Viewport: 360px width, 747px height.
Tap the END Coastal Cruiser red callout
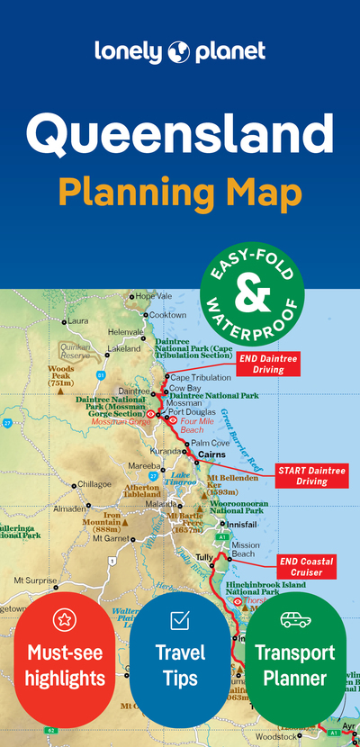pyautogui.click(x=306, y=567)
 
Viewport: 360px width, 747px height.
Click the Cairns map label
pyautogui.click(x=211, y=454)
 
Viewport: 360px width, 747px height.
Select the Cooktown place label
pyautogui.click(x=167, y=315)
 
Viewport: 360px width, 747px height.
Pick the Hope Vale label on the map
pyautogui.click(x=153, y=295)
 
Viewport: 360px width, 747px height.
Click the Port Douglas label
pyautogui.click(x=192, y=412)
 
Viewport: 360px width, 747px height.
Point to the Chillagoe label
pyautogui.click(x=94, y=483)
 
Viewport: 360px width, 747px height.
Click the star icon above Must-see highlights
pyautogui.click(x=64, y=619)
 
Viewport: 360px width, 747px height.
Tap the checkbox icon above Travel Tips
pyautogui.click(x=180, y=619)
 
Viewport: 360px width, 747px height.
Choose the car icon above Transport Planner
pyautogui.click(x=295, y=619)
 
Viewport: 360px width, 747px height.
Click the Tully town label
pyautogui.click(x=204, y=557)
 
